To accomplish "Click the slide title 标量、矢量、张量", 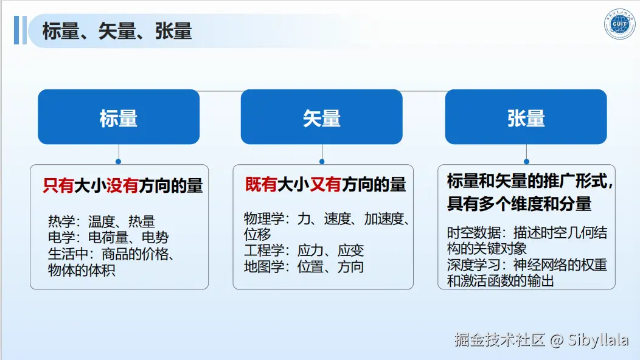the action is [x=117, y=31].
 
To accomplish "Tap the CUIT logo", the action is [x=619, y=24].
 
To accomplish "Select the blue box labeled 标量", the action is [x=119, y=117].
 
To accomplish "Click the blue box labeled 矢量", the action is [x=322, y=117].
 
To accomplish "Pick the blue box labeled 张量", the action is [x=526, y=117].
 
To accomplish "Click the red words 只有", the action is [x=58, y=185].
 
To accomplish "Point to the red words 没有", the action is [x=122, y=185].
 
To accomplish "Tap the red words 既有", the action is [x=261, y=184].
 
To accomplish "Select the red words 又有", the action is [x=325, y=184].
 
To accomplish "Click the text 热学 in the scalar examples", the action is [x=61, y=221].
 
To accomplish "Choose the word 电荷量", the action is [x=108, y=238].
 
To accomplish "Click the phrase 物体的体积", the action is [x=82, y=270].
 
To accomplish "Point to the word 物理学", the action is [x=263, y=219].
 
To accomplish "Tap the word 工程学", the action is [x=263, y=251].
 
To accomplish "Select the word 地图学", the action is [x=263, y=267].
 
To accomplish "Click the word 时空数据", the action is [x=473, y=233].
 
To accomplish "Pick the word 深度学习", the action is [x=473, y=265].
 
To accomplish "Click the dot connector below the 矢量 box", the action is [x=322, y=162].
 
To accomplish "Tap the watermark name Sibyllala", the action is [x=598, y=339].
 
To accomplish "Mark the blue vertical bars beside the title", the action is [x=20, y=30].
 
